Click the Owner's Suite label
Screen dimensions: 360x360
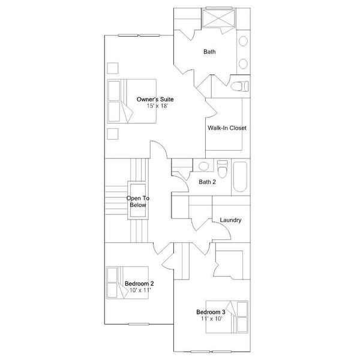click(152, 98)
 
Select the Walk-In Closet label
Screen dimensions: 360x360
click(227, 128)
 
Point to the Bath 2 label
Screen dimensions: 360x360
click(207, 182)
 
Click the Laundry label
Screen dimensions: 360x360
click(230, 220)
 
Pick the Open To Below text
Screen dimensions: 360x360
click(137, 202)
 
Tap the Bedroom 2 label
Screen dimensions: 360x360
click(139, 283)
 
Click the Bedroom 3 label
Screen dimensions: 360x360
click(211, 312)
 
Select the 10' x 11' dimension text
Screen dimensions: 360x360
click(140, 290)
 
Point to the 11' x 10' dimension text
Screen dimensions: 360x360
click(211, 319)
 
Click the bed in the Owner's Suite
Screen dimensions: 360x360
click(132, 101)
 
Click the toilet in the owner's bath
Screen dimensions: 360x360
click(239, 86)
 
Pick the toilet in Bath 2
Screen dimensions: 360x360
click(223, 170)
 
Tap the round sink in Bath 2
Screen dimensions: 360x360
click(204, 166)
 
